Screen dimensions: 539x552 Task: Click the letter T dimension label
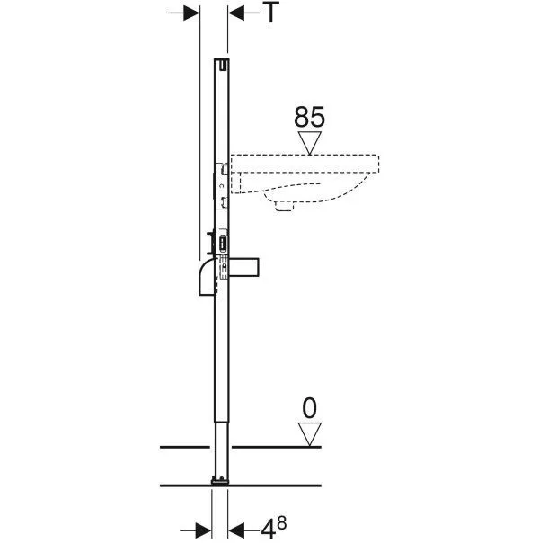pyautogui.click(x=271, y=13)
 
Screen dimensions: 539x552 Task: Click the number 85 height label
pyautogui.click(x=309, y=117)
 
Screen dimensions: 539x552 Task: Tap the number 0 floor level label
pyautogui.click(x=309, y=408)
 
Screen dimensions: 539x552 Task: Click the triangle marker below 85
pyautogui.click(x=310, y=143)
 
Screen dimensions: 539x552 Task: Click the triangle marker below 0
pyautogui.click(x=310, y=434)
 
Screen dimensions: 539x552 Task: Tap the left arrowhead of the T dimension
pyautogui.click(x=191, y=13)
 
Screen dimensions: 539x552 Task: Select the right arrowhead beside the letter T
pyautogui.click(x=236, y=13)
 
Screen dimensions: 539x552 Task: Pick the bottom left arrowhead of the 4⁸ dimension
pyautogui.click(x=203, y=530)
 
